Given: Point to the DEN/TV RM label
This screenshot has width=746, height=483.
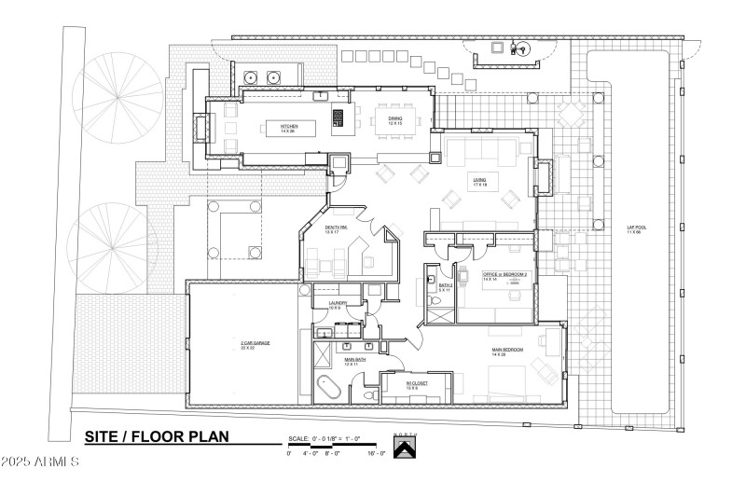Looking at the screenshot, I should (336, 229).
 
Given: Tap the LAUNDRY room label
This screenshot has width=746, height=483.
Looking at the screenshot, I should (338, 304).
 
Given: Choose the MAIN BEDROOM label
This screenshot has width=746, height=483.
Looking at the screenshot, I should (507, 352).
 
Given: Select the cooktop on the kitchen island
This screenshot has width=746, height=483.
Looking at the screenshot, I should (338, 117).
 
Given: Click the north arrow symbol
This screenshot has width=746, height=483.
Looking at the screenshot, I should (403, 448).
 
